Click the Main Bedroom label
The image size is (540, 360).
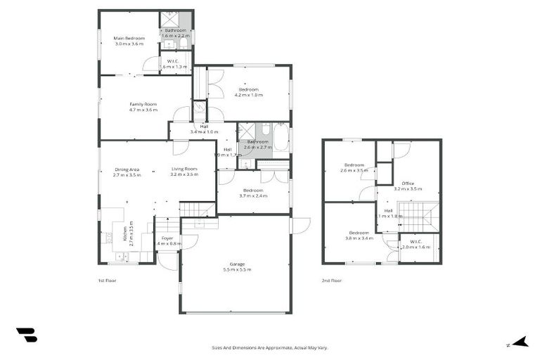(129, 38)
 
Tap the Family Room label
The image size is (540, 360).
(143, 104)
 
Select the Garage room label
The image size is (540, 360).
(236, 264)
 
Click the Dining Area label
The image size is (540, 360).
(127, 169)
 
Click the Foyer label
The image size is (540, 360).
(167, 238)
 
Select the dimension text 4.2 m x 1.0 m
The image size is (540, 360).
(249, 95)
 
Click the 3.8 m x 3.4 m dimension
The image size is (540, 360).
(359, 238)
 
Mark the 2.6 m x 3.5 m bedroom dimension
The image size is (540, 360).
(354, 170)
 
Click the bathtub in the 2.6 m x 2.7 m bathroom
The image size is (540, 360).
(280, 137)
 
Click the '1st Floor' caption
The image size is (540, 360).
(107, 280)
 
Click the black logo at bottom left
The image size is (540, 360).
(26, 335)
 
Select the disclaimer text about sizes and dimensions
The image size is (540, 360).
(270, 347)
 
